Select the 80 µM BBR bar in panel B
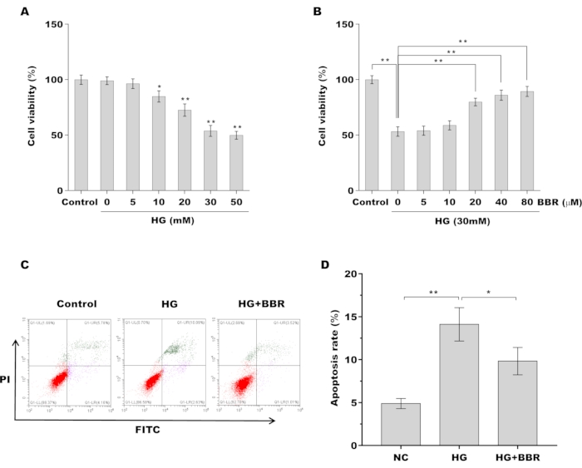pyautogui.click(x=526, y=141)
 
